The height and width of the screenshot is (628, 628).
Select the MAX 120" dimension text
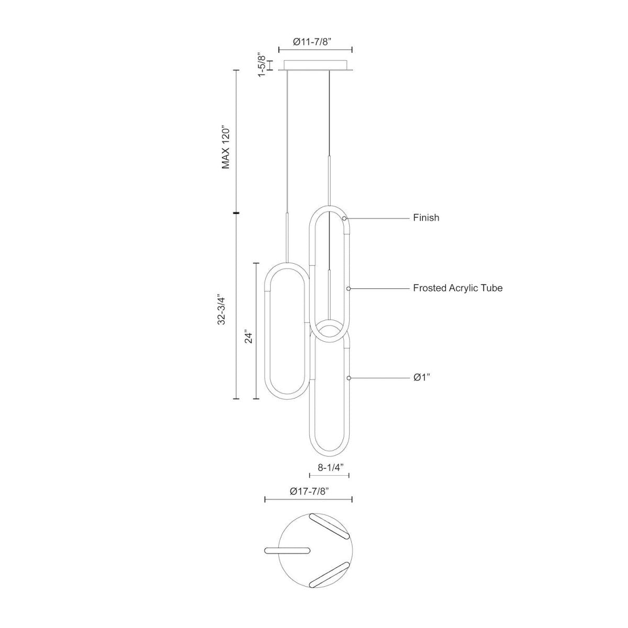tap(226, 147)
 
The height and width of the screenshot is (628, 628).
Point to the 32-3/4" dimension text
tap(222, 311)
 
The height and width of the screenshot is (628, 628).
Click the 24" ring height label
tap(249, 338)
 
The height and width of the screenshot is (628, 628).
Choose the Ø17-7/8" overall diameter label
tap(309, 491)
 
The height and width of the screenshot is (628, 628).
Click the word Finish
tap(426, 218)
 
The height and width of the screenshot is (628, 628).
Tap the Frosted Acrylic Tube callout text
tap(457, 288)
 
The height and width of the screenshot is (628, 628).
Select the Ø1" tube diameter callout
tap(422, 377)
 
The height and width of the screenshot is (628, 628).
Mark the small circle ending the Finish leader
tap(344, 218)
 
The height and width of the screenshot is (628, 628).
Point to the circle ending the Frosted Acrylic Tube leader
tap(349, 288)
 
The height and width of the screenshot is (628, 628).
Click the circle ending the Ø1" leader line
tap(349, 377)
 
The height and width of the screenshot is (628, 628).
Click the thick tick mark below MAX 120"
tap(237, 213)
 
